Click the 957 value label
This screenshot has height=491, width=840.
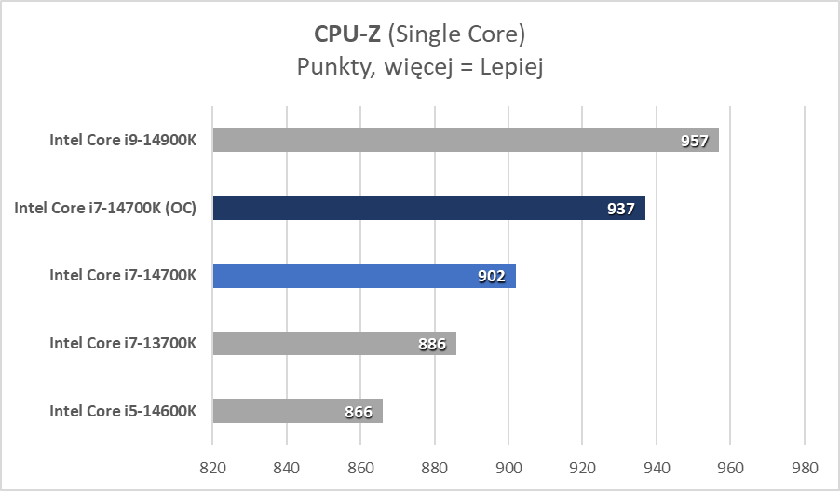694,142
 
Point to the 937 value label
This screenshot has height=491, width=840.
620,210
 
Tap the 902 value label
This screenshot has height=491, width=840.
491,277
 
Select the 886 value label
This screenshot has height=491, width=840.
431,345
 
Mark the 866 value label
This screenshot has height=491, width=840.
358,413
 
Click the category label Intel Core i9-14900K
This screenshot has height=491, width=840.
123,140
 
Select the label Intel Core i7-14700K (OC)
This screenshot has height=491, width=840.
105,208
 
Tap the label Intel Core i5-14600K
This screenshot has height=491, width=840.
123,411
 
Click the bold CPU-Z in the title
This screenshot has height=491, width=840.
346,35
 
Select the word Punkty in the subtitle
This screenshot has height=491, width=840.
329,68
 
